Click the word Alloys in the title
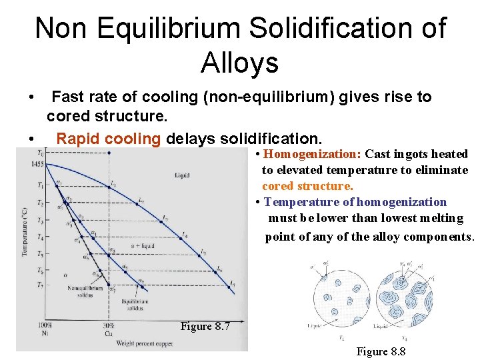coord(239,63)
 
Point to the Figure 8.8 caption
coord(381,351)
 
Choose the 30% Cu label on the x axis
coord(108,329)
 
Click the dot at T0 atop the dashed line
coord(109,153)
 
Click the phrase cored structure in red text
coord(307,186)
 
